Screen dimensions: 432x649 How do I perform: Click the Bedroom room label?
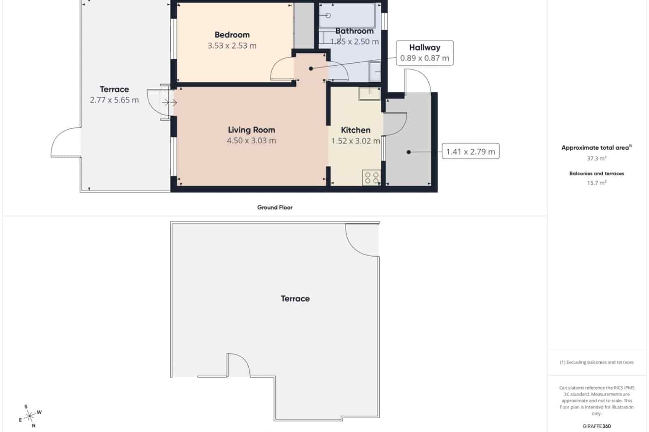(232, 35)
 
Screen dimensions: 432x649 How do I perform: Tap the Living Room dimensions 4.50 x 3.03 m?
(251, 141)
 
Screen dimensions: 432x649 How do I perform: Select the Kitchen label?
(355, 130)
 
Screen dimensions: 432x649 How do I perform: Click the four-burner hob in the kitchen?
(372, 178)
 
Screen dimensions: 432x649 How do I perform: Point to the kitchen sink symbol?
(370, 94)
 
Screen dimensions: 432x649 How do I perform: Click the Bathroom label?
(354, 31)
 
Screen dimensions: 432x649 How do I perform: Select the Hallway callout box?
(425, 53)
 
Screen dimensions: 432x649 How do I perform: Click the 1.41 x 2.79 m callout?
(471, 152)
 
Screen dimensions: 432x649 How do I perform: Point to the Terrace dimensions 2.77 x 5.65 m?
(114, 100)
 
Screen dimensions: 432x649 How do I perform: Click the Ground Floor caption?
(275, 207)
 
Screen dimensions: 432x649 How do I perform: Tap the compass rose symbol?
(30, 416)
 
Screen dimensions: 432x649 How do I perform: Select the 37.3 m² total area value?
(596, 158)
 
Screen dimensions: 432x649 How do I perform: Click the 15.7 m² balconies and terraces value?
(596, 183)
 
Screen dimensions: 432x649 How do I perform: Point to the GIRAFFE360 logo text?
(596, 426)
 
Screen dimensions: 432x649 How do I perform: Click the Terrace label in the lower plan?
(295, 299)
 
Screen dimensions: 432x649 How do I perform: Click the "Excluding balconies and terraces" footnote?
(596, 362)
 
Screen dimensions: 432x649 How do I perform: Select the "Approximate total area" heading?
(595, 148)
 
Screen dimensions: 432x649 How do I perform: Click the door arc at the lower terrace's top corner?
(361, 242)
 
